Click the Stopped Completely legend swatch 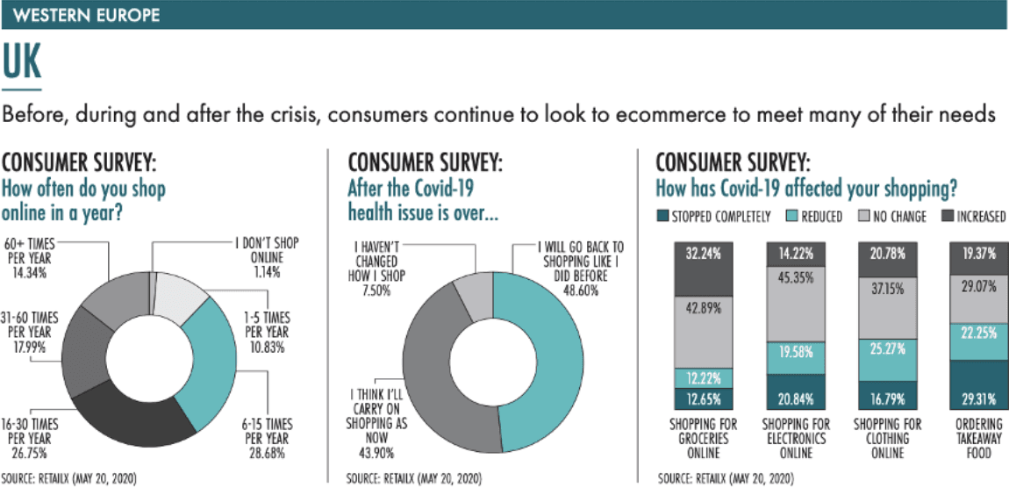point(663,216)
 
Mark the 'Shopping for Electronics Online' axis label point(797,438)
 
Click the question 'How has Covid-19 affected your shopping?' point(806,188)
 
